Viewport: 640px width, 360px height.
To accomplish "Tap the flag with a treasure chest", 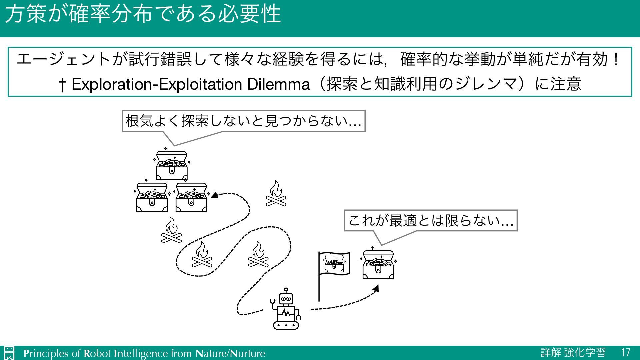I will (x=334, y=264).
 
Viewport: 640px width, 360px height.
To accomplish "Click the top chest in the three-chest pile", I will (x=172, y=166).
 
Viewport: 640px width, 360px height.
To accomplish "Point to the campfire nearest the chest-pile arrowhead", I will (x=276, y=194).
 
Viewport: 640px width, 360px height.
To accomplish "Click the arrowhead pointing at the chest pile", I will (x=214, y=195).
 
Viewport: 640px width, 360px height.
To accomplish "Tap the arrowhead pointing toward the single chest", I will (x=376, y=288).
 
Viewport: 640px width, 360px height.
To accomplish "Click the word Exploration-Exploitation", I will (x=156, y=84).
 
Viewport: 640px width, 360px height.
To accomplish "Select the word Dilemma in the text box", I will (x=278, y=84).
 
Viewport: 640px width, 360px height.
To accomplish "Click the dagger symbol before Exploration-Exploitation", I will (x=62, y=85).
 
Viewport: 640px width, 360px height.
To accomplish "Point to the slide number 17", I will (x=625, y=353).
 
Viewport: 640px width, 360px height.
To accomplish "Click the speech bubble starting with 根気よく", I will (x=243, y=121).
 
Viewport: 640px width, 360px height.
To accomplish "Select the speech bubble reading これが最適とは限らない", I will (x=430, y=221).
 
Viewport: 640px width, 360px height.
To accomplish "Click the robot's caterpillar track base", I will (x=286, y=325).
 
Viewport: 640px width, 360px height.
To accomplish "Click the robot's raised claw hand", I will (x=273, y=302).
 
